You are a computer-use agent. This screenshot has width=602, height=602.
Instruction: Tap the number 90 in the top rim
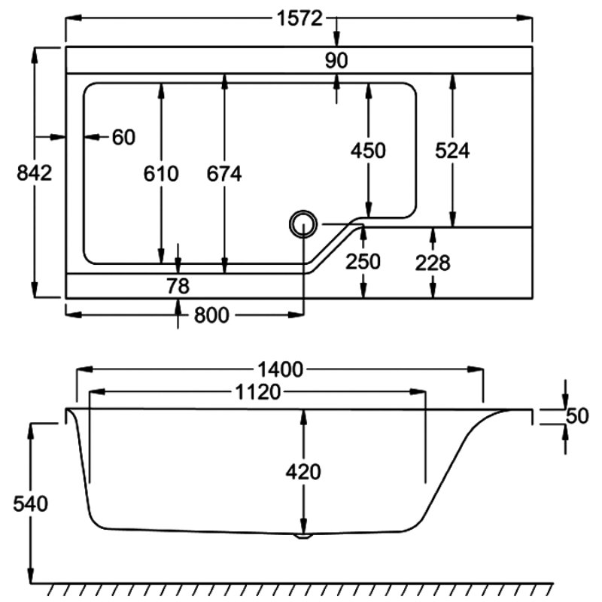pyautogui.click(x=337, y=61)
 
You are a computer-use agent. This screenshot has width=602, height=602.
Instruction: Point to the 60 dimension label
pyautogui.click(x=123, y=138)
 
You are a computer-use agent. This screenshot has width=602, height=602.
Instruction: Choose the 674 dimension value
pyautogui.click(x=224, y=174)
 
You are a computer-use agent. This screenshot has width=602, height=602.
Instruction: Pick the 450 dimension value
pyautogui.click(x=368, y=150)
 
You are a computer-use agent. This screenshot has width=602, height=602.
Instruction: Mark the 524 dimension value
pyautogui.click(x=452, y=150)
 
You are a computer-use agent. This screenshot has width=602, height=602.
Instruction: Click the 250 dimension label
pyautogui.click(x=363, y=262)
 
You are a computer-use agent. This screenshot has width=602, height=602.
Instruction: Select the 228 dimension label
pyautogui.click(x=433, y=263)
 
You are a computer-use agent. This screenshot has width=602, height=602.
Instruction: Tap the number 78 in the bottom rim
pyautogui.click(x=178, y=286)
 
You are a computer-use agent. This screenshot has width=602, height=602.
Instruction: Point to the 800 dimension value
pyautogui.click(x=211, y=316)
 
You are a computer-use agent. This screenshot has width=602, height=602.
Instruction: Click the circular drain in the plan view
pyautogui.click(x=303, y=223)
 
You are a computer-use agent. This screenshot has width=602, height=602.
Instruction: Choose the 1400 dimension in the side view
pyautogui.click(x=279, y=369)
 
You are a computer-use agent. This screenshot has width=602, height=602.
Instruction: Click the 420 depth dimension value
pyautogui.click(x=303, y=472)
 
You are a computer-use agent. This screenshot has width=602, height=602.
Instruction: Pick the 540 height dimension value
pyautogui.click(x=31, y=503)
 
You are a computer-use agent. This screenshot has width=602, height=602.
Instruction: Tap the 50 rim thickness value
pyautogui.click(x=576, y=415)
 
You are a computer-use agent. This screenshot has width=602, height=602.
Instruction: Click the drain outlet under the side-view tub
pyautogui.click(x=303, y=537)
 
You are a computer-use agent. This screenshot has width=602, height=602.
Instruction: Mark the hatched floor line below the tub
pyautogui.click(x=301, y=588)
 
